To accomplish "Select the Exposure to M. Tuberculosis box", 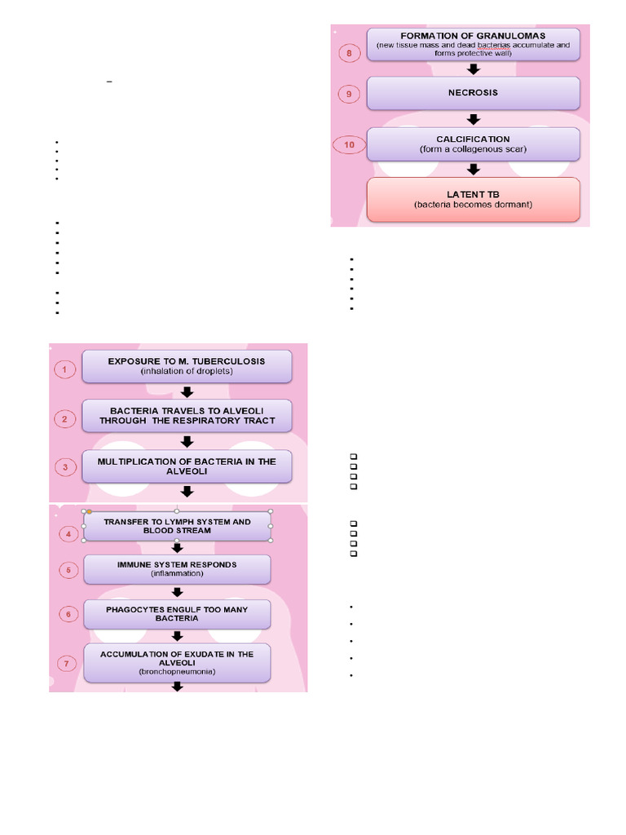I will pos(187,366).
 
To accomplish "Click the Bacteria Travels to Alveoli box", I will pos(187,416).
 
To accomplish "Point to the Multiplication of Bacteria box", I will pos(187,466).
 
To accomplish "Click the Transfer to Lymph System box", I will pos(177,526).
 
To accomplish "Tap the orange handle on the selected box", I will pos(90,511).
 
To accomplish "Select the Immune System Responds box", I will pos(177,568).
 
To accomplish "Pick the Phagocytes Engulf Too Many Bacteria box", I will pos(177,613).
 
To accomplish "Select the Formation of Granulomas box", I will pos(474,45).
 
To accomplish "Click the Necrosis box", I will pos(474,93).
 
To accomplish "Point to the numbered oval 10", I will pos(349,145).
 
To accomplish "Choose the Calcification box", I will pos(474,144).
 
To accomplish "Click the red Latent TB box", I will pos(474,199).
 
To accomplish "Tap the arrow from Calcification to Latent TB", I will pos(474,169).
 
